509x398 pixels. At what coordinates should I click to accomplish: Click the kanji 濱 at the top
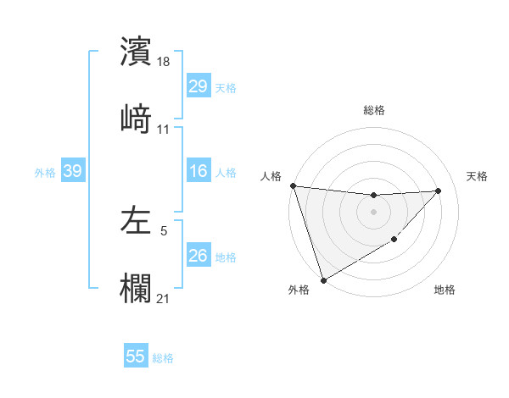[136, 51]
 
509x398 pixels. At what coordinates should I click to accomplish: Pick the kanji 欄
[136, 288]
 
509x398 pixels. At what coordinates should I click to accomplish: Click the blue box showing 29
[198, 86]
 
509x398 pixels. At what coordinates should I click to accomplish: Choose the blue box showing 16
[198, 172]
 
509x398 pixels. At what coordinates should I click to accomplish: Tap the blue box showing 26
[198, 256]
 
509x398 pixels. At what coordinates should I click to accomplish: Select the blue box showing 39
[72, 172]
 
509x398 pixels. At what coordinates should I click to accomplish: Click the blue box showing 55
[136, 357]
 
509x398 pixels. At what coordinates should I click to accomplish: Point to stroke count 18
[164, 63]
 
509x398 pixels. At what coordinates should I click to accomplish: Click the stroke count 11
[164, 130]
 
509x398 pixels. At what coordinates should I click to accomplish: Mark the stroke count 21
[164, 299]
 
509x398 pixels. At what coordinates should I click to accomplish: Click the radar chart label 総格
[373, 110]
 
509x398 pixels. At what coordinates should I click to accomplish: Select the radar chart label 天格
[477, 176]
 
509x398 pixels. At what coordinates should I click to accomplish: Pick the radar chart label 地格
[445, 290]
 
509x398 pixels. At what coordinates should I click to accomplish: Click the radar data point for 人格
[293, 185]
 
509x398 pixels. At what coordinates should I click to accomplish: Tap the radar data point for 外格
[323, 280]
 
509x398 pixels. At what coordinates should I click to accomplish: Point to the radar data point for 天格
[439, 191]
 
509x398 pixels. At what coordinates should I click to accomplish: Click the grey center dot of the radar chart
[373, 212]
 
